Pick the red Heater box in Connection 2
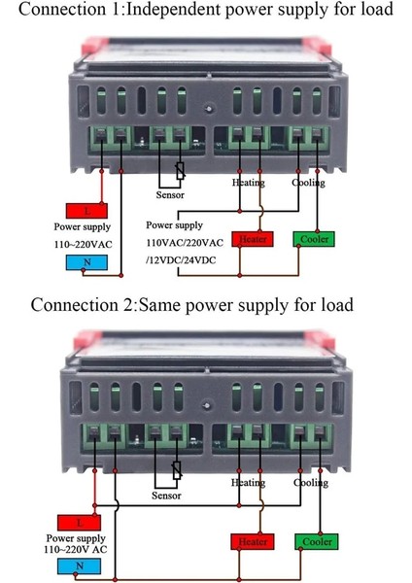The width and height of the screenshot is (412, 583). [251, 541]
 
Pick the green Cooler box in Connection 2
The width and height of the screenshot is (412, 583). [316, 541]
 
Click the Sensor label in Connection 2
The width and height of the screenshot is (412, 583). [167, 496]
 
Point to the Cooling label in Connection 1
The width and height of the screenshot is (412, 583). [308, 182]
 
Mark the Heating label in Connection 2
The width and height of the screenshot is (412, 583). [248, 483]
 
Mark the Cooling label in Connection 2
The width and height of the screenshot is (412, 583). [310, 483]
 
